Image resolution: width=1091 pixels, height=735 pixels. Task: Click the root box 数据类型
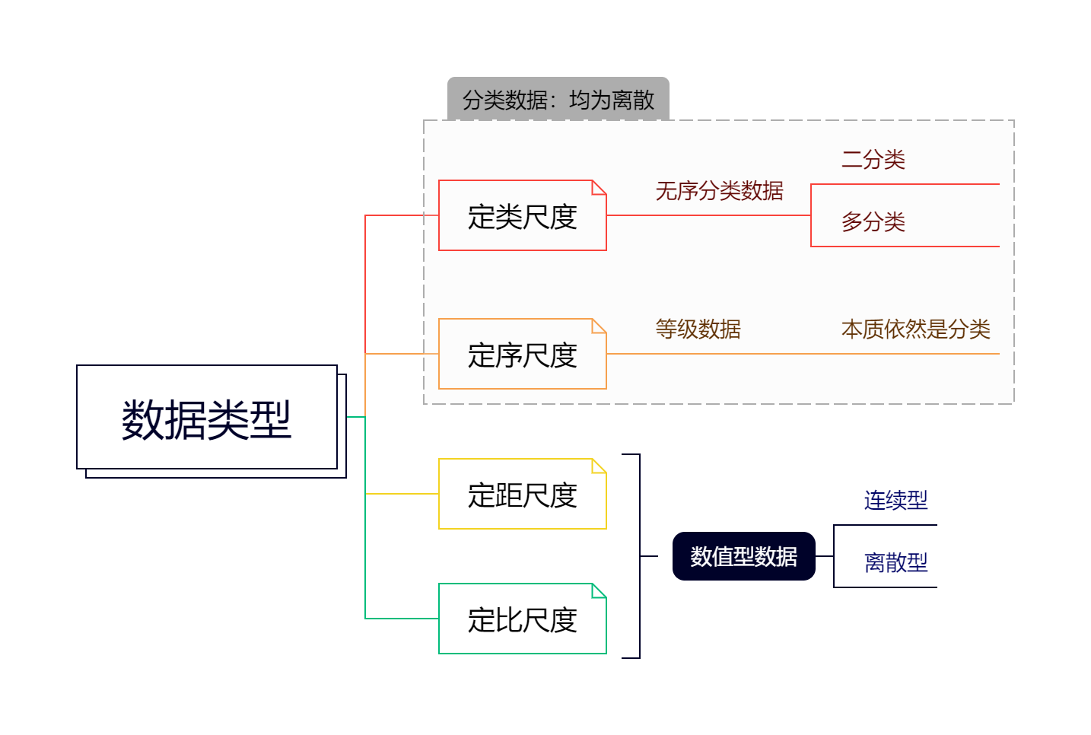click(206, 418)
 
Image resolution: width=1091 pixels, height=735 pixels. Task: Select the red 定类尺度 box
click(522, 216)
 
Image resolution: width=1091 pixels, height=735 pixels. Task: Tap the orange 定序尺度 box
click(522, 355)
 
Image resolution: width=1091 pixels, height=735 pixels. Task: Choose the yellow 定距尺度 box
click(522, 495)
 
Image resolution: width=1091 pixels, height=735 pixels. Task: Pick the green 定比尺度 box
click(522, 619)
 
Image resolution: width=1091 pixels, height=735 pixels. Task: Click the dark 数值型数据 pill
click(743, 556)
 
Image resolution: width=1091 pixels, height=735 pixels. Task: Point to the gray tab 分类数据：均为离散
click(558, 99)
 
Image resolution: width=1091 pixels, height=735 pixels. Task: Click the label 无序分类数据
click(719, 191)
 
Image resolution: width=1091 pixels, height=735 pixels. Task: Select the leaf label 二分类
click(873, 159)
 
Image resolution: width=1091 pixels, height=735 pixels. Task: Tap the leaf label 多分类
click(873, 222)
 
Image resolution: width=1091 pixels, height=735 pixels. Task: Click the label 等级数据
click(698, 329)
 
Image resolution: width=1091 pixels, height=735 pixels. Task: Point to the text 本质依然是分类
click(915, 329)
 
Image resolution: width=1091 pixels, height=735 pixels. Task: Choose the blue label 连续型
click(895, 500)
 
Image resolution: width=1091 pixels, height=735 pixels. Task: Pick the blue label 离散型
click(895, 563)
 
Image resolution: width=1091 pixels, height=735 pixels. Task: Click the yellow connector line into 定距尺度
click(402, 494)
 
